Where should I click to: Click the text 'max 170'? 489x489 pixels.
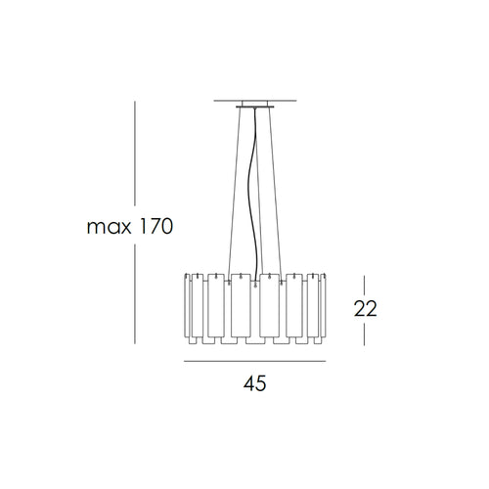(129, 228)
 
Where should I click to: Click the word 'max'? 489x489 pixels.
(107, 228)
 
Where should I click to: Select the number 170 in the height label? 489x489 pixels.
(153, 228)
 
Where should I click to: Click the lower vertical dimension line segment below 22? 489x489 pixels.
(365, 333)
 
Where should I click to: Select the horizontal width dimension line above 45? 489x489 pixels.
(254, 360)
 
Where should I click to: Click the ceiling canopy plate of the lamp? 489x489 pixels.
(254, 105)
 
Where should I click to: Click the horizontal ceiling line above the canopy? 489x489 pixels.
(254, 100)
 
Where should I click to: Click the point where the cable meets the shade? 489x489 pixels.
(256, 275)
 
